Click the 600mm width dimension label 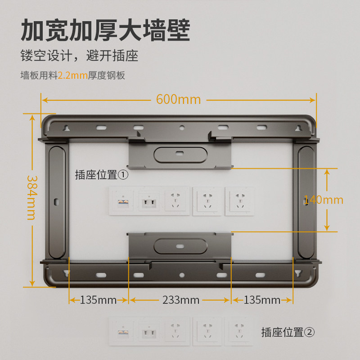(178, 99)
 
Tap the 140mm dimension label (323, 199)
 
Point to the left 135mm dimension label (98, 300)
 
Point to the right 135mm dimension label (262, 300)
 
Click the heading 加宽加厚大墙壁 (105, 31)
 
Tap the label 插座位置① (102, 175)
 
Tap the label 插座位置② (288, 333)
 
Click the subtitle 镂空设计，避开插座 (79, 56)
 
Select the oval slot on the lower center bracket (180, 246)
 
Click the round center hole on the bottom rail (181, 275)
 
